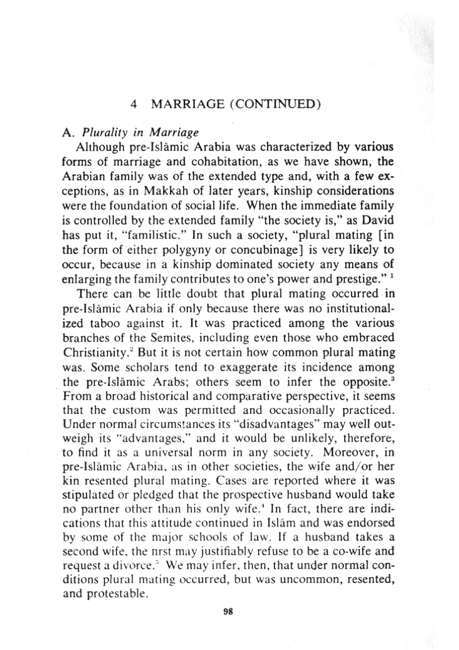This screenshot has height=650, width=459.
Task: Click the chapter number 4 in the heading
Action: (x=134, y=105)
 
